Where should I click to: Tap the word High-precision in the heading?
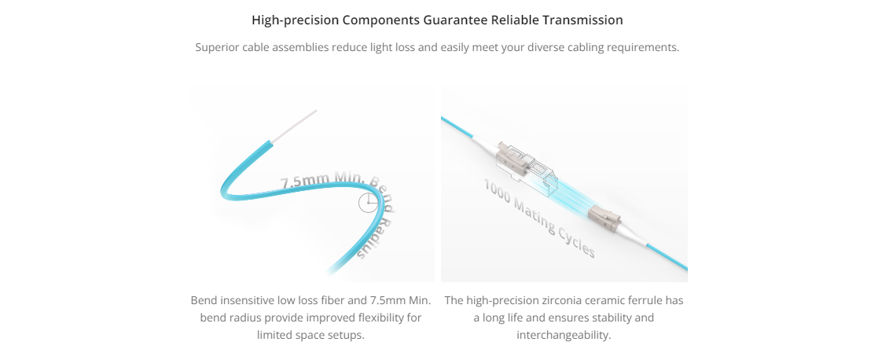(x=295, y=20)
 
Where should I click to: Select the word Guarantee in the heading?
(x=456, y=20)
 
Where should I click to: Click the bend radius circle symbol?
(x=368, y=203)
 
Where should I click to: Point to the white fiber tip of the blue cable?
(x=296, y=123)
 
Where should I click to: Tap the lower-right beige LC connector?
(x=606, y=219)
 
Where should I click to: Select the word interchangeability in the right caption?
(x=564, y=336)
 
